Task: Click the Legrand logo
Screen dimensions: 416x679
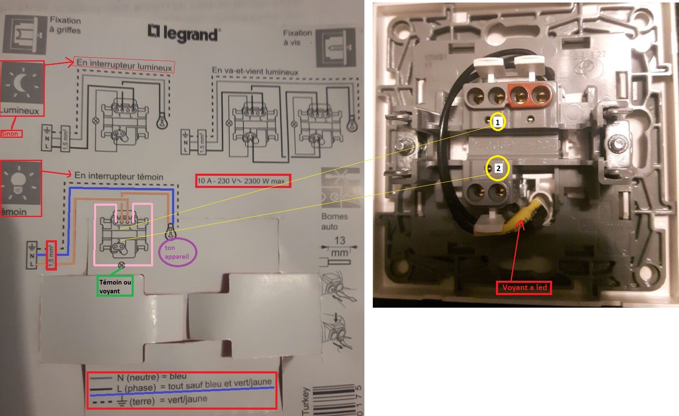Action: pos(184,33)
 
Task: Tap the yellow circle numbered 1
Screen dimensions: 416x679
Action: pos(498,122)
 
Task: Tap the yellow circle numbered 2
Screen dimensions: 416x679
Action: pos(498,169)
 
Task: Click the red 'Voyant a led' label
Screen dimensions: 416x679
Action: pos(524,287)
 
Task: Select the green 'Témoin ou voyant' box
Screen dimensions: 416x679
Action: pos(115,286)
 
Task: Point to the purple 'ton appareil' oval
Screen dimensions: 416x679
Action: pos(177,252)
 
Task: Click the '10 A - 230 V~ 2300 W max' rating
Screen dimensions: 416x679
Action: pos(243,181)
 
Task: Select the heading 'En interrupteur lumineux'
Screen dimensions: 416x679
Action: pos(124,65)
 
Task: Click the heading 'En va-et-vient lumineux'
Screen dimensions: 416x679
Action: pos(255,71)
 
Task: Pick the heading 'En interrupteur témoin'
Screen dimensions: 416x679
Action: pos(119,176)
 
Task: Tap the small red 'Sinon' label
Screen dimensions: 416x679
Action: pos(11,134)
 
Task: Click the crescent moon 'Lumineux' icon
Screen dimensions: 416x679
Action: pos(22,84)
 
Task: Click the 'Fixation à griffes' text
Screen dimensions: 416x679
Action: pos(65,25)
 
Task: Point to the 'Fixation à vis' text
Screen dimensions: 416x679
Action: pos(297,37)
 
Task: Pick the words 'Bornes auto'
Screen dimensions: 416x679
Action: pos(334,221)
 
